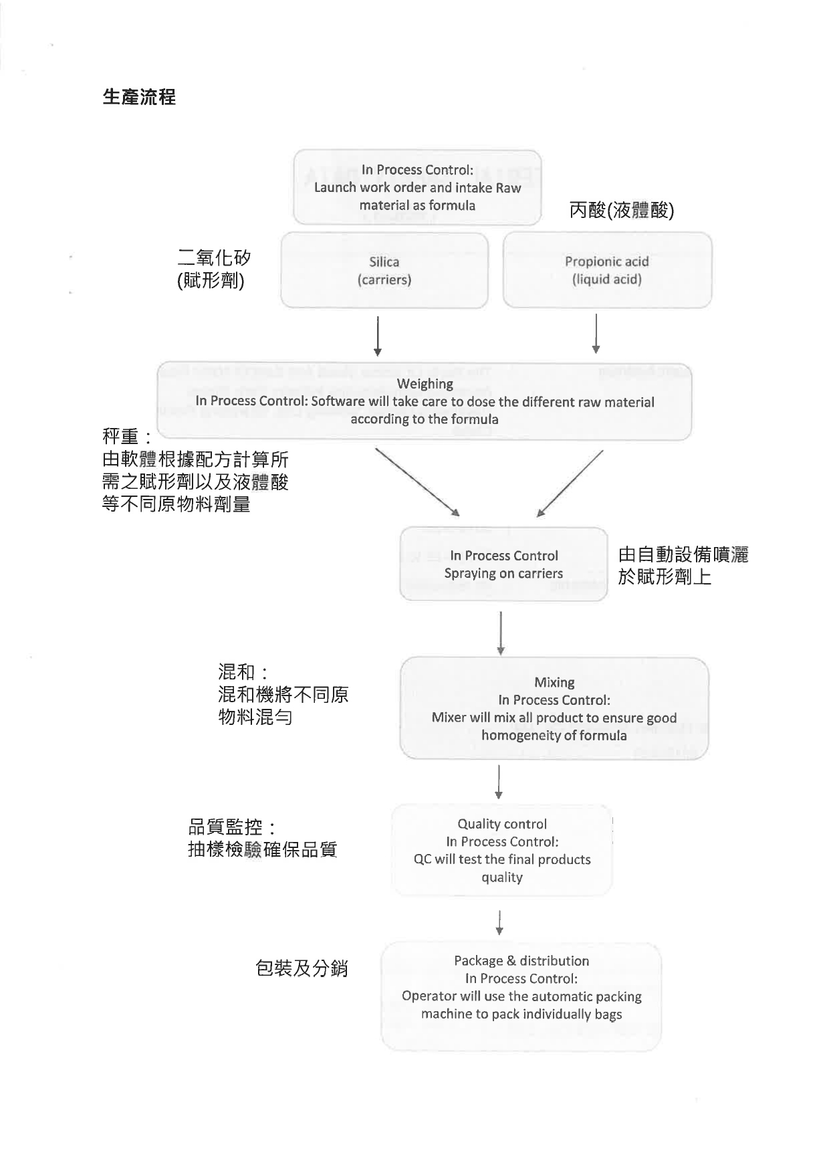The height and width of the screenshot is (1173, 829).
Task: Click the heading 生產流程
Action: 139,97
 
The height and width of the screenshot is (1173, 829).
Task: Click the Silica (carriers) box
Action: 384,270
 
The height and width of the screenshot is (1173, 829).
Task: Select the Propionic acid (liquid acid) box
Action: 607,270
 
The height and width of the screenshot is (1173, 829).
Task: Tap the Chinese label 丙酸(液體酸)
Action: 622,210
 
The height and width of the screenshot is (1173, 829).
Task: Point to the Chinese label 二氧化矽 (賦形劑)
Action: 214,268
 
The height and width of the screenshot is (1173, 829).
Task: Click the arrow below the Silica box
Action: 378,336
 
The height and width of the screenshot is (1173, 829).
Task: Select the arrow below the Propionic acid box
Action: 596,334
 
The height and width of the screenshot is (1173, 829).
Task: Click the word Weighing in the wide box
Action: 425,384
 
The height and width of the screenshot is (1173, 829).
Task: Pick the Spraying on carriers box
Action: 503,564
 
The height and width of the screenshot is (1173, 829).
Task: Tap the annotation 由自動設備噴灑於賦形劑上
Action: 683,565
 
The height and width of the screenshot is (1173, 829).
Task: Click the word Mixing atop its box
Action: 554,682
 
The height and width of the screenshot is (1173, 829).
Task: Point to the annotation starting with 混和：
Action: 283,694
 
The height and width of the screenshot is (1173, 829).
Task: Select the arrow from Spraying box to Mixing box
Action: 501,633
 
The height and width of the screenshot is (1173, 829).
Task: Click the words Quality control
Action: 502,824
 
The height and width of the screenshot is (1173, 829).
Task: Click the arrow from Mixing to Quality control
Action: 499,782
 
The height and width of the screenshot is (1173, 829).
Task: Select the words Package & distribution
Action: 521,961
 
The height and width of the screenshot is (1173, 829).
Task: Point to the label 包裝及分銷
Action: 302,968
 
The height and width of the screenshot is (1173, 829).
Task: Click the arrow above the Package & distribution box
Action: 499,922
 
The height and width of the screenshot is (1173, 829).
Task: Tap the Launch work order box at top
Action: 417,187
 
